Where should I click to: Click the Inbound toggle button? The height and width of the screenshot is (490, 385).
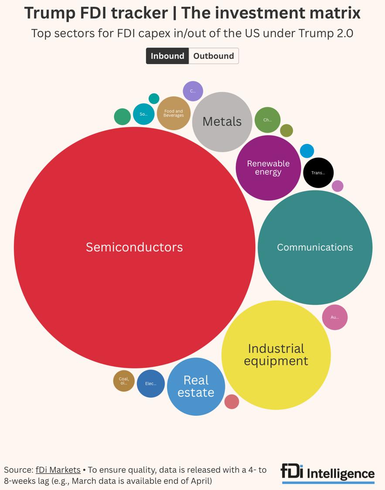tap(167, 56)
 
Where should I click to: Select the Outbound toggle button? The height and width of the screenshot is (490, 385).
tap(214, 56)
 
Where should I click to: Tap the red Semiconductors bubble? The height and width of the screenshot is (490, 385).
tap(134, 247)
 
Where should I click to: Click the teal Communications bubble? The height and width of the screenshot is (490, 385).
tap(315, 247)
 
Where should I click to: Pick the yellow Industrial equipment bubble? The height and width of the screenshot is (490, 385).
tap(276, 355)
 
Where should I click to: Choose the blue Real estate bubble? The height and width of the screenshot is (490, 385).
tap(196, 386)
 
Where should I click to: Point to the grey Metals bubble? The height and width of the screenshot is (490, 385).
tap(222, 122)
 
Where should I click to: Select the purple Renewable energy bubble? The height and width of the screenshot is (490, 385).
tap(268, 168)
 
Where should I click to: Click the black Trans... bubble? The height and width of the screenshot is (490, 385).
tap(318, 173)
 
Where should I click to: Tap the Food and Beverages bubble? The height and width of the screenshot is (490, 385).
tap(174, 113)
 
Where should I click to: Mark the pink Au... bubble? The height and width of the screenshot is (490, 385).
tap(335, 317)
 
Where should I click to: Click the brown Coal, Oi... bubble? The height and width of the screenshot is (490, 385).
tap(124, 381)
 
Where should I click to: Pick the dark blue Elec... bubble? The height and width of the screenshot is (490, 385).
tap(151, 384)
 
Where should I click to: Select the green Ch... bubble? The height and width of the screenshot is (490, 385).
tap(267, 120)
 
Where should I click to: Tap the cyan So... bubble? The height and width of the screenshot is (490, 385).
tap(143, 114)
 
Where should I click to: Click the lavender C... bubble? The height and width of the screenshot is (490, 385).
tap(193, 91)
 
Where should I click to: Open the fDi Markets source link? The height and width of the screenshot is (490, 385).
tap(58, 470)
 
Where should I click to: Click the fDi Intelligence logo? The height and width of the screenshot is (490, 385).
tap(327, 473)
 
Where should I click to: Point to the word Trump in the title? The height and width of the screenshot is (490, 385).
tap(49, 13)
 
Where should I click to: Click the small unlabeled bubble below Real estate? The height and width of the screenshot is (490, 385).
tap(232, 402)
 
